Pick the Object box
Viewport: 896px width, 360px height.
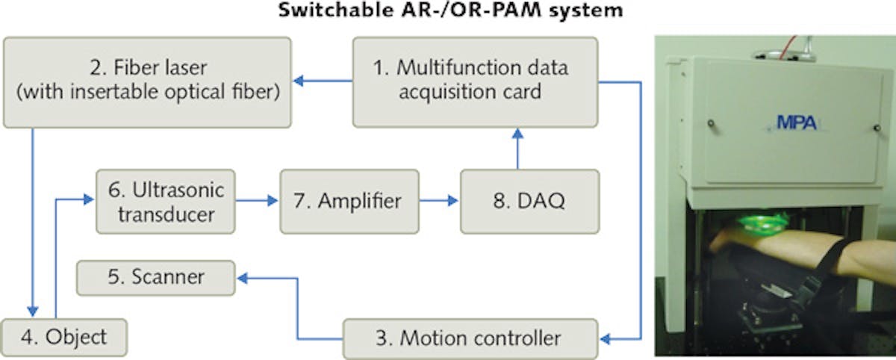click(63, 338)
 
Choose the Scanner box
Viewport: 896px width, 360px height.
click(157, 278)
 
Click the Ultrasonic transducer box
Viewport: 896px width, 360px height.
click(166, 201)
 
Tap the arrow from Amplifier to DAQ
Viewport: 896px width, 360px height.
click(440, 201)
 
